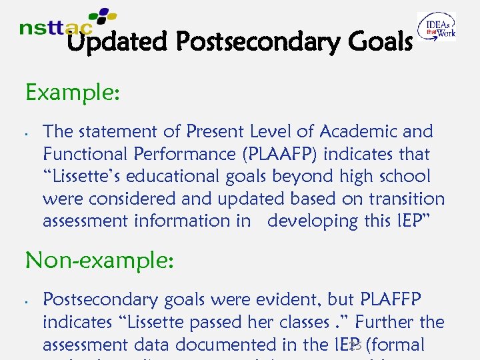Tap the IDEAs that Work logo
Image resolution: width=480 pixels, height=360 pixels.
pos(437,27)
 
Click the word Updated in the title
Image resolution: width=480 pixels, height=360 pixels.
pos(117,43)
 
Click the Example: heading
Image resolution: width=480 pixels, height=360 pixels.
pos(73,93)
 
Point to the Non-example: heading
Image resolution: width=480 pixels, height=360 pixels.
pos(99,261)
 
